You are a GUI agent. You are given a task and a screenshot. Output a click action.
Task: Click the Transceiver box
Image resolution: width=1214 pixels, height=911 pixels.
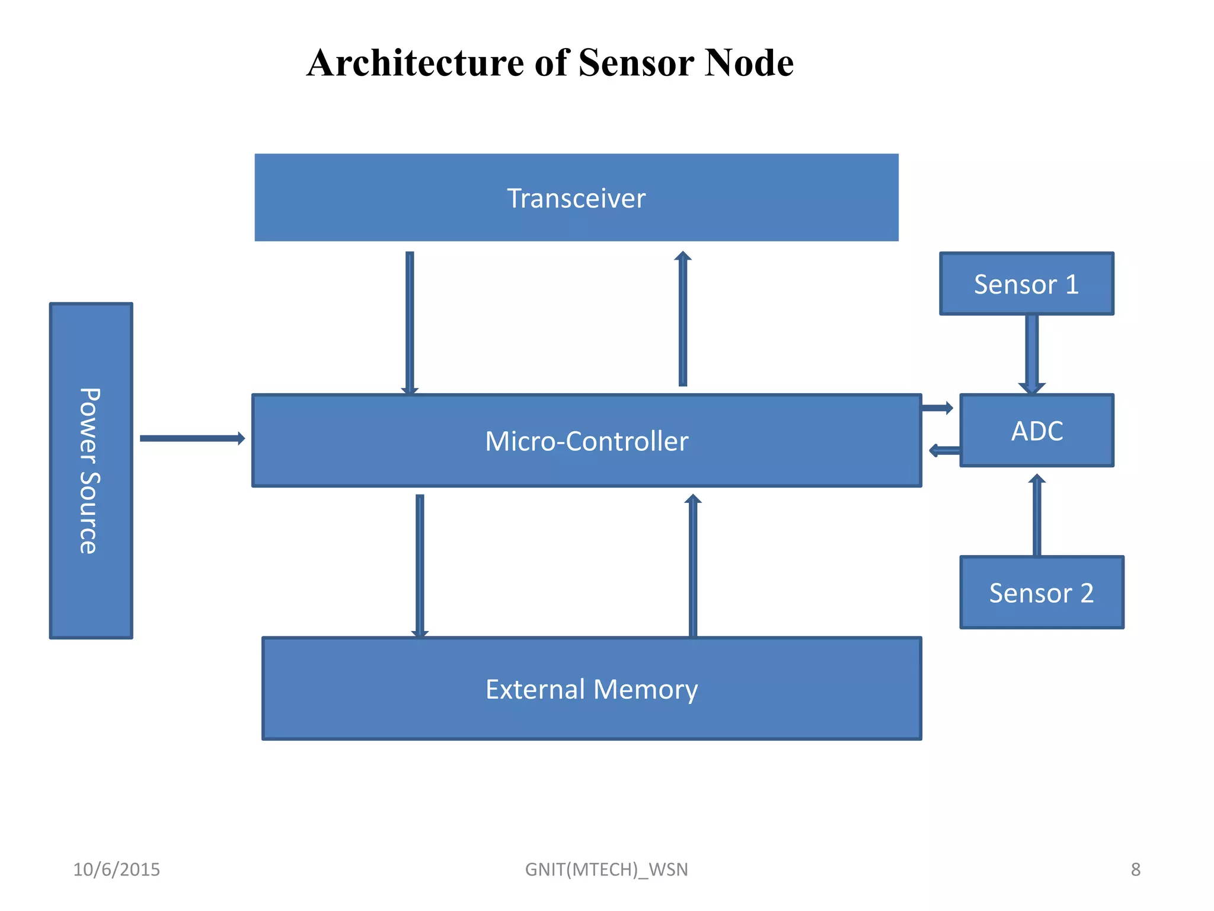coord(576,198)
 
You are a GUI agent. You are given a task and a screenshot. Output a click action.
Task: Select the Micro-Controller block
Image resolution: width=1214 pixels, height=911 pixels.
coord(586,441)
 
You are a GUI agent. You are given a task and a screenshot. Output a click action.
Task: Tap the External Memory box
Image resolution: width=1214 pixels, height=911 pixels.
coord(592,689)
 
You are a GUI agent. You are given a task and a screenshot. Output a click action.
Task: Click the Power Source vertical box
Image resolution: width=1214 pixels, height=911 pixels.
coord(91,470)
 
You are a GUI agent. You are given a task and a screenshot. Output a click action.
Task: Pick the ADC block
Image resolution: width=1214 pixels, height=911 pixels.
coord(1036,431)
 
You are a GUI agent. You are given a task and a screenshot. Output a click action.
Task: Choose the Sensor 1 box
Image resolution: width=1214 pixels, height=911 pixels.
coord(1026,284)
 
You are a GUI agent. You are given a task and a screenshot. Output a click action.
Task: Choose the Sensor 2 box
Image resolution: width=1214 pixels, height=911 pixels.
coord(1042,593)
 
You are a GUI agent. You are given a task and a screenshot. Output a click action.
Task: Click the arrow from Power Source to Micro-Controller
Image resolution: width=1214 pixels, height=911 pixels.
coord(191,438)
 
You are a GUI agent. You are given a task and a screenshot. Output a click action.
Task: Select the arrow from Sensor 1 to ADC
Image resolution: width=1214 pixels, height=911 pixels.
coord(1031,353)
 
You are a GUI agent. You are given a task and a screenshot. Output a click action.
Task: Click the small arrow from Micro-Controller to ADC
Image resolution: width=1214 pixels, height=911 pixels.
coord(937,407)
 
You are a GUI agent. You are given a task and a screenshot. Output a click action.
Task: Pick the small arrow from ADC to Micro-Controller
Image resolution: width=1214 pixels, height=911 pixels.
coord(944,451)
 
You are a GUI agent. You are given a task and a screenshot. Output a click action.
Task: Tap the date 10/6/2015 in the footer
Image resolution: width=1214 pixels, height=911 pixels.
coord(116,869)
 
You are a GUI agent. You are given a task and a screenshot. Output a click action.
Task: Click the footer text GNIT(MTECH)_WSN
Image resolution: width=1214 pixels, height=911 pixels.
coord(606,869)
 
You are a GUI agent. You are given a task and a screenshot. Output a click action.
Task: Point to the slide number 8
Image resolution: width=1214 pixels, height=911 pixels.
coord(1135,869)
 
